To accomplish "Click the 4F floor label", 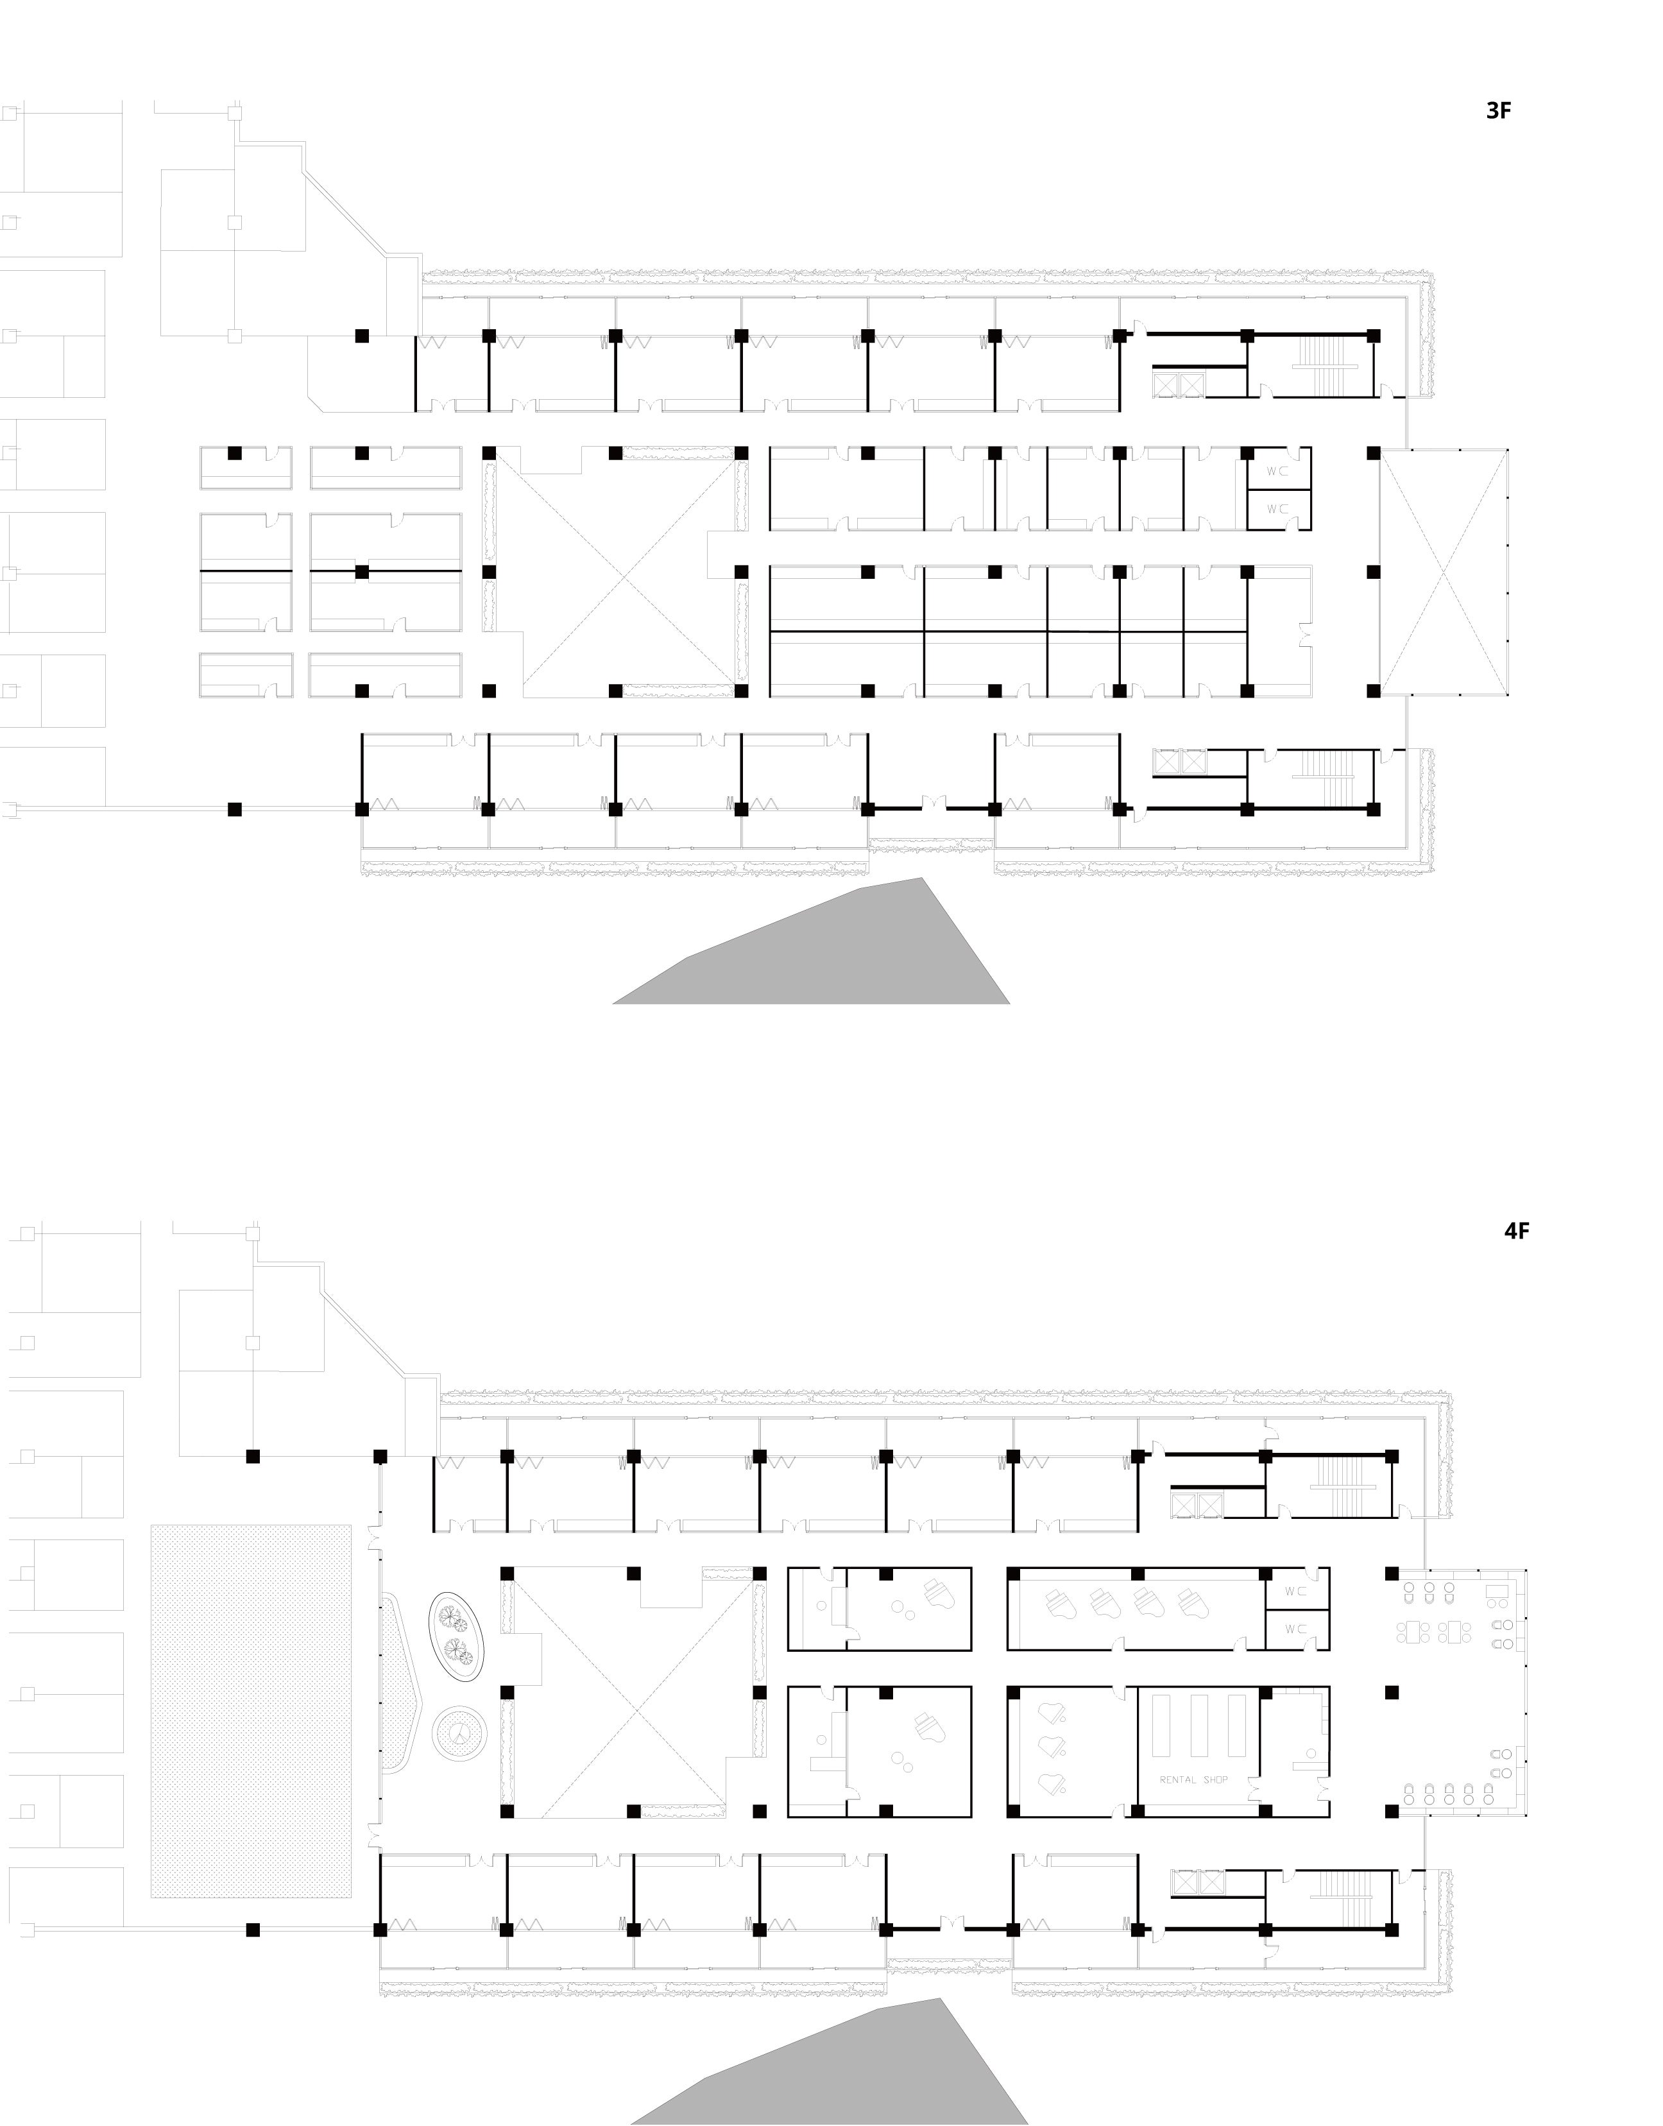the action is click(1516, 1230).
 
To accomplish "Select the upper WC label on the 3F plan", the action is click(1277, 470).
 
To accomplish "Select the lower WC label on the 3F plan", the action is click(1277, 508).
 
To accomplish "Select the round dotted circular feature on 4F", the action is click(459, 1731).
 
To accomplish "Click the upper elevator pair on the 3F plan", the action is click(1178, 384).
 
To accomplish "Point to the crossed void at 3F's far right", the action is click(1443, 572).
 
